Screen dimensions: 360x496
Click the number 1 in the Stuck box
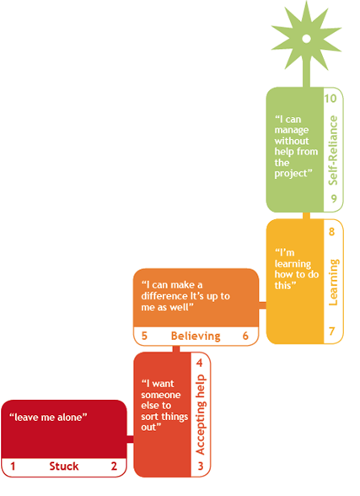pyautogui.click(x=13, y=466)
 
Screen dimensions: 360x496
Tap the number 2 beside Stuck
pyautogui.click(x=114, y=466)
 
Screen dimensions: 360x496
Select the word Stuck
pyautogui.click(x=64, y=466)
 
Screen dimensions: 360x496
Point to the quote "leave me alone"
pyautogui.click(x=48, y=418)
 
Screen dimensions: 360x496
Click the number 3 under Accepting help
pyautogui.click(x=201, y=466)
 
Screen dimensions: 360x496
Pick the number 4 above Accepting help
pyautogui.click(x=199, y=363)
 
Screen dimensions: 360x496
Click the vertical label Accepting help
pyautogui.click(x=201, y=415)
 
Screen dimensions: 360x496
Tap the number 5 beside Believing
pyautogui.click(x=144, y=336)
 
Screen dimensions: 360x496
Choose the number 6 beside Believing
pyautogui.click(x=245, y=336)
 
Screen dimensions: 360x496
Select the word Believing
pyautogui.click(x=196, y=336)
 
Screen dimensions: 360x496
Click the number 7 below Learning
pyautogui.click(x=331, y=332)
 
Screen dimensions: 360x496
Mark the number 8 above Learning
pyautogui.click(x=331, y=231)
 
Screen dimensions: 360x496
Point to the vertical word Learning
pyautogui.click(x=333, y=282)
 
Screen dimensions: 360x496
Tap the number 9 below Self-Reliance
pyautogui.click(x=334, y=198)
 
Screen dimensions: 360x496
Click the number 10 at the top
pyautogui.click(x=330, y=99)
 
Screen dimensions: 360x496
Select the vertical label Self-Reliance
pyautogui.click(x=333, y=150)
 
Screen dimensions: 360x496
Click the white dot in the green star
pyautogui.click(x=306, y=39)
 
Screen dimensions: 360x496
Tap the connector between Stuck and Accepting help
pyautogui.click(x=130, y=439)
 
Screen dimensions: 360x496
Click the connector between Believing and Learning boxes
pyautogui.click(x=263, y=305)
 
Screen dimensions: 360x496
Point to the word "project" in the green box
pyautogui.click(x=291, y=174)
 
